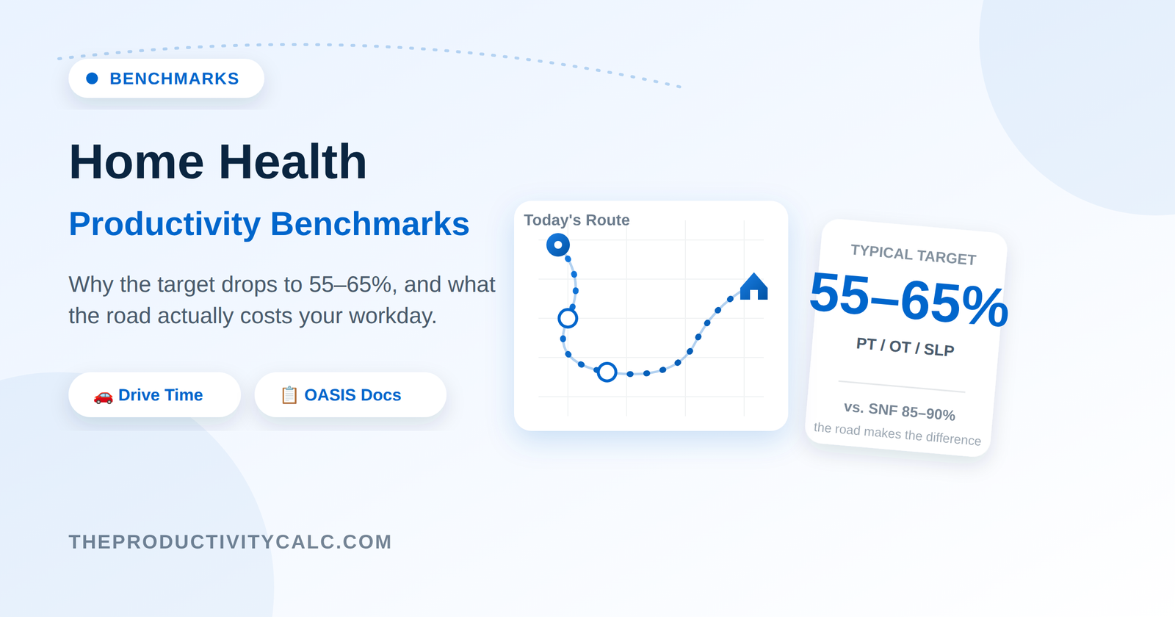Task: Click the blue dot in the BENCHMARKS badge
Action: click(92, 78)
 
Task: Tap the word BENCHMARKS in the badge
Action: click(174, 79)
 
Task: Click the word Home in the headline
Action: click(137, 162)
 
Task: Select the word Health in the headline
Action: click(293, 162)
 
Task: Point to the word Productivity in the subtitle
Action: click(164, 225)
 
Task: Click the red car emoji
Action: click(104, 396)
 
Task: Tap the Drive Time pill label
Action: click(161, 394)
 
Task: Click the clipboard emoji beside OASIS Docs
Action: click(289, 395)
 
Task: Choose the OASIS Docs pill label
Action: click(352, 394)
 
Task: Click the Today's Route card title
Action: click(576, 220)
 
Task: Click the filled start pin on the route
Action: click(558, 245)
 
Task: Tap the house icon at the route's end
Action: click(753, 286)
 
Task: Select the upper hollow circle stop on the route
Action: click(568, 319)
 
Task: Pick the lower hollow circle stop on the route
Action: click(607, 372)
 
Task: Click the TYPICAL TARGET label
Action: click(914, 254)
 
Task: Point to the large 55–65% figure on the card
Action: click(908, 299)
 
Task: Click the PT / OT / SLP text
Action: click(905, 347)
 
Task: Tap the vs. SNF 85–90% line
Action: click(900, 411)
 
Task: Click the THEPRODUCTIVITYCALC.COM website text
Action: click(231, 542)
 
